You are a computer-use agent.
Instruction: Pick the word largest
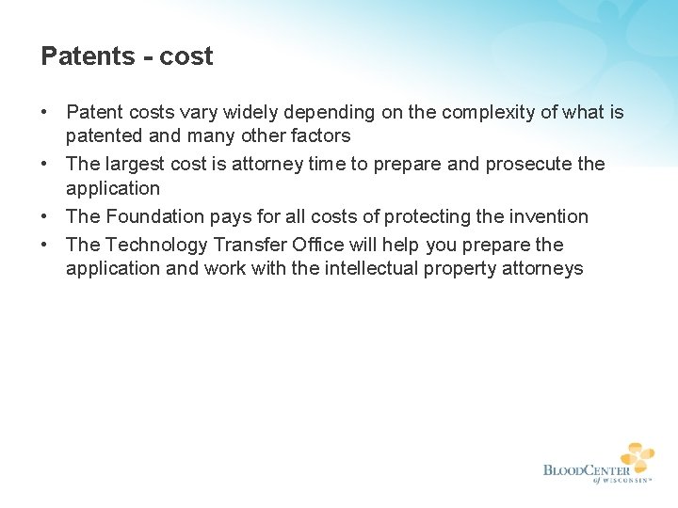(x=137, y=165)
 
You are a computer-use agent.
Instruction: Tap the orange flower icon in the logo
(x=637, y=457)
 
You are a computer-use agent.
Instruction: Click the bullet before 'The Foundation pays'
(x=45, y=216)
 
